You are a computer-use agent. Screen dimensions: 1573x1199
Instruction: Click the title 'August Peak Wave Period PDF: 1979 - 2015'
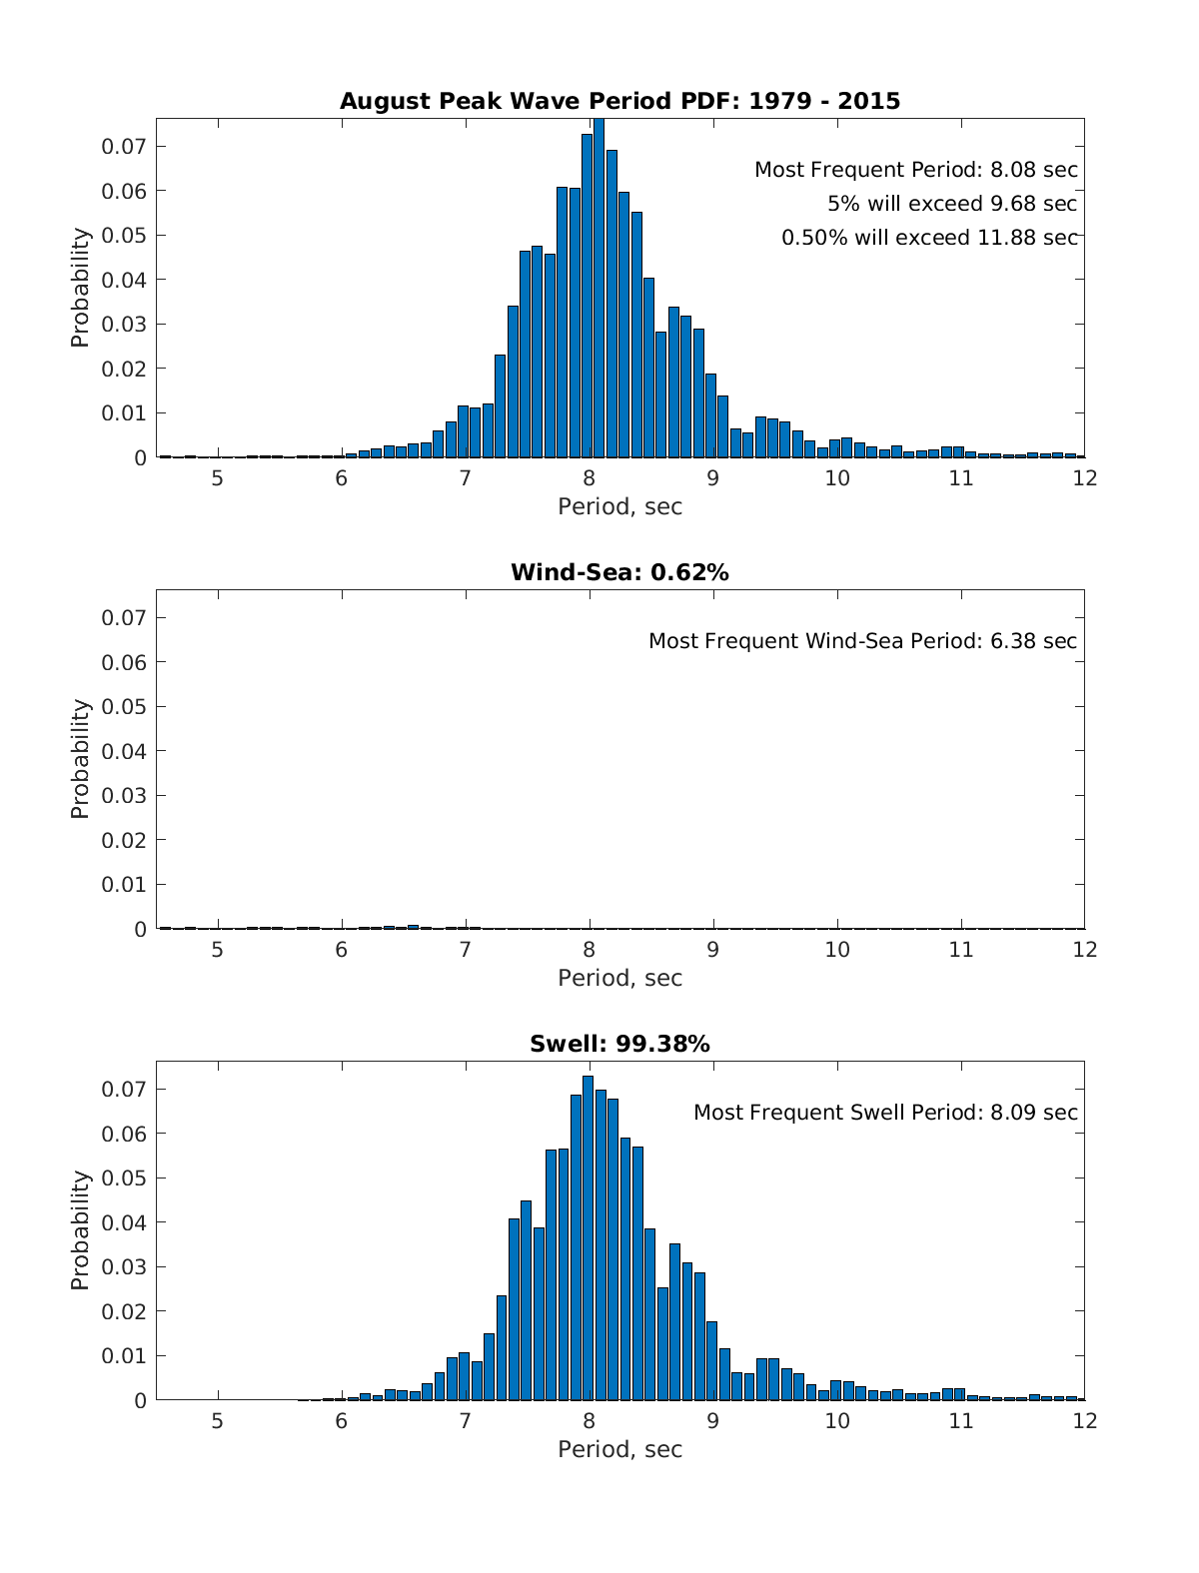click(619, 101)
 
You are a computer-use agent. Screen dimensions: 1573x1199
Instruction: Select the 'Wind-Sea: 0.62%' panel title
click(619, 572)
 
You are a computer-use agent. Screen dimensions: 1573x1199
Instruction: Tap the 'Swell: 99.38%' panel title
click(619, 1044)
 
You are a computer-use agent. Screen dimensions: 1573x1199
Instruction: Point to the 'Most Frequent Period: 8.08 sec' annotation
click(915, 170)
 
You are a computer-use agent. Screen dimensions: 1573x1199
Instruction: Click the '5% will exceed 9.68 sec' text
click(951, 204)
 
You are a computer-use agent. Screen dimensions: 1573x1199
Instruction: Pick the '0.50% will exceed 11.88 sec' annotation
click(929, 238)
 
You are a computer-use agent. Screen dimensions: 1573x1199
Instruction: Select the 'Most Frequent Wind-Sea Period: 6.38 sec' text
click(862, 641)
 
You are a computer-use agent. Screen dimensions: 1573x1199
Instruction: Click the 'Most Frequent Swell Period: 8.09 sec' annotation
click(885, 1113)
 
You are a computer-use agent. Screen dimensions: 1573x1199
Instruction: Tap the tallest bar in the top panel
click(599, 290)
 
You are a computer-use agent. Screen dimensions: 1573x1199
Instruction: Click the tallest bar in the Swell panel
click(588, 1238)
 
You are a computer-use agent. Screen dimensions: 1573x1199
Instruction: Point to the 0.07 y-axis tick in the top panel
click(124, 146)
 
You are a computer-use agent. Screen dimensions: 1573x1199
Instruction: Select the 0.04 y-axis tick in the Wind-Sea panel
click(124, 751)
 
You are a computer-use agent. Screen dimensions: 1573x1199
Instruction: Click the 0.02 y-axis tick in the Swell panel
click(124, 1311)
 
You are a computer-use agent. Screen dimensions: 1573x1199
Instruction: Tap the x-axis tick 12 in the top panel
click(1084, 477)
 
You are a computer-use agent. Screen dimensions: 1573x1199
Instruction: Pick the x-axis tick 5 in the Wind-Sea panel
click(217, 949)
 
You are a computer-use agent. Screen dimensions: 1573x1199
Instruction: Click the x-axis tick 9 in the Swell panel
click(712, 1420)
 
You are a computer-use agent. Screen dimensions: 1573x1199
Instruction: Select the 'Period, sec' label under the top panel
click(619, 506)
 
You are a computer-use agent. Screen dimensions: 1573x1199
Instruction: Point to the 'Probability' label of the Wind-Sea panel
click(80, 759)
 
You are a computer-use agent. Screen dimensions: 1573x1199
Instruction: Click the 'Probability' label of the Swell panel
click(80, 1230)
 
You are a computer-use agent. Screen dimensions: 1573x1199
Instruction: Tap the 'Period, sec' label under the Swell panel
click(619, 1449)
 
